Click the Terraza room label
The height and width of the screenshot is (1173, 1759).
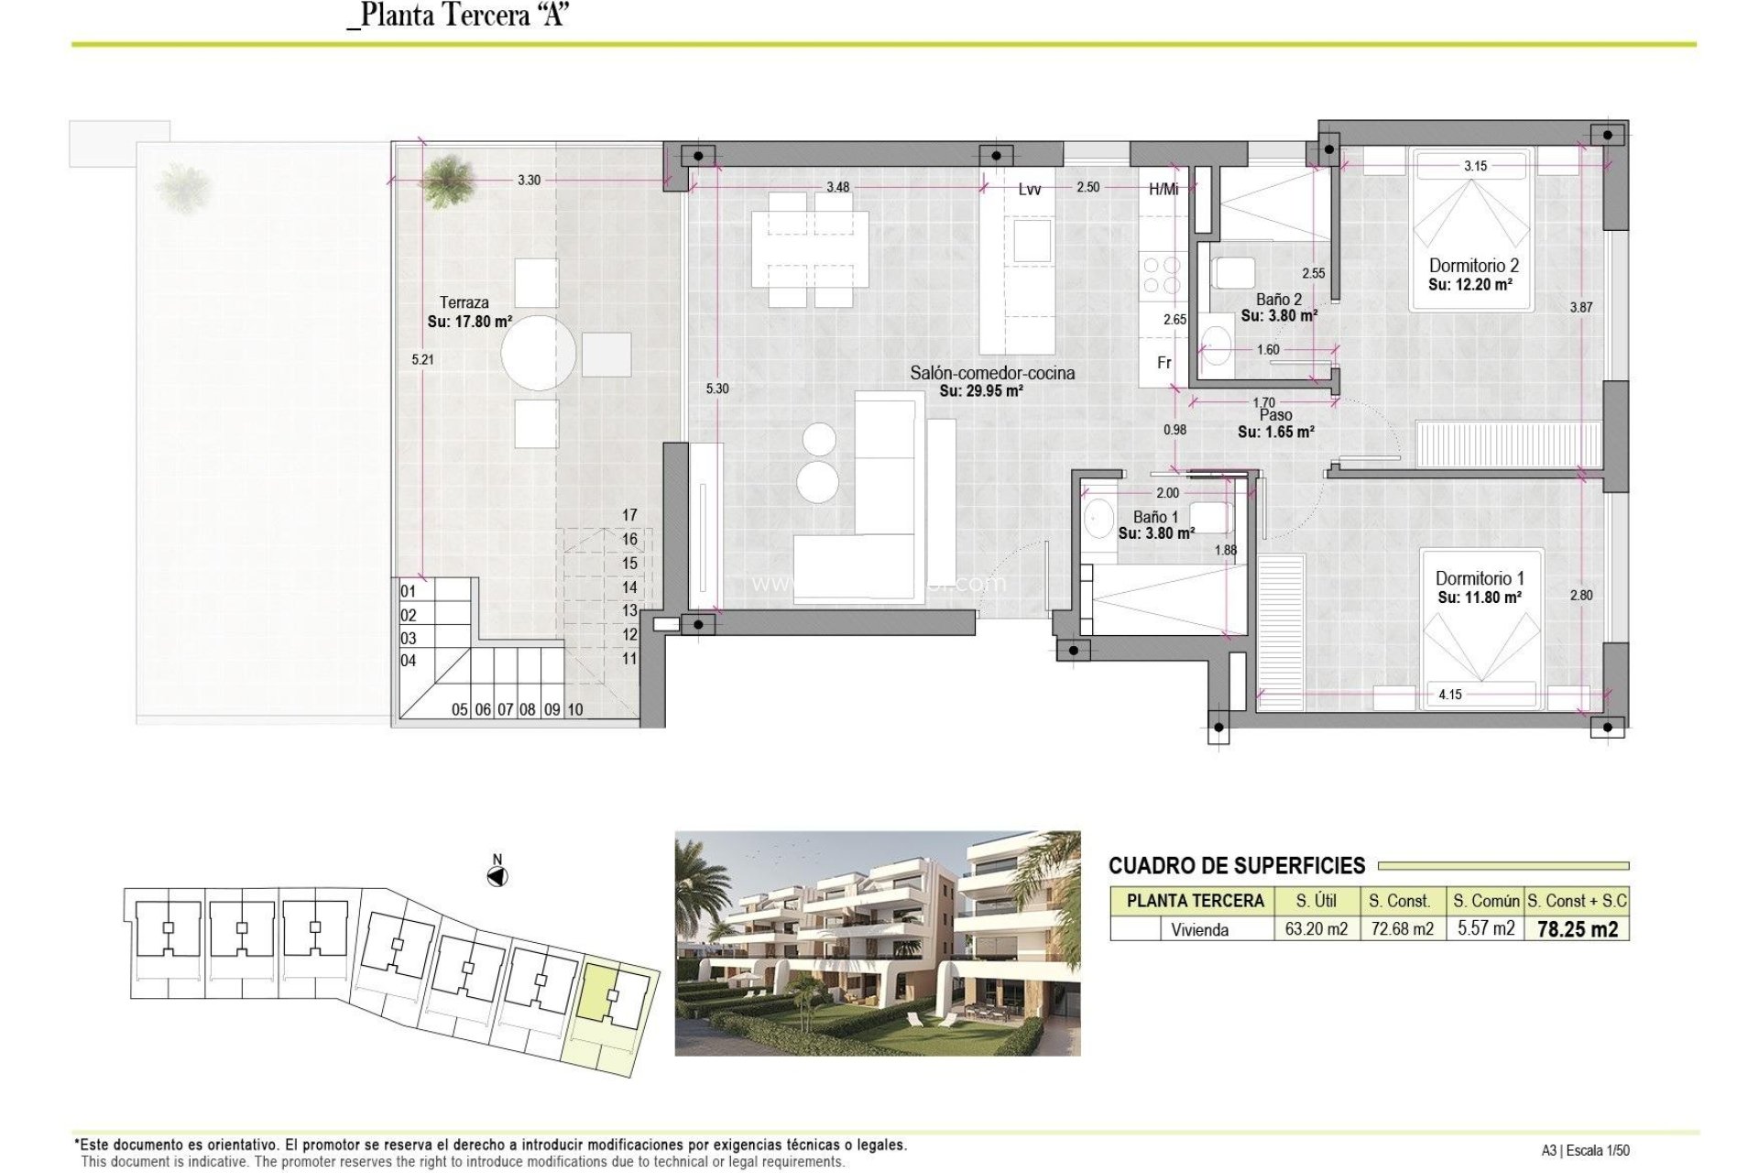coord(464,302)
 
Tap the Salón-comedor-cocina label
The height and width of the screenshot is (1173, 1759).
coord(992,373)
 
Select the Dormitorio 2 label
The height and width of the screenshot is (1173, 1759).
coord(1473,266)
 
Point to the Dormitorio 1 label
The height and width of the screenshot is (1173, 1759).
coord(1480,578)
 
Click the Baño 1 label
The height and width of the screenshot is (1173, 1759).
coord(1155,517)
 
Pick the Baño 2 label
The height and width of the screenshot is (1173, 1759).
coord(1278,300)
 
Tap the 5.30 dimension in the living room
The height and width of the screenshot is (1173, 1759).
coord(717,389)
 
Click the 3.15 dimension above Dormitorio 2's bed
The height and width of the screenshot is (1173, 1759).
coord(1475,166)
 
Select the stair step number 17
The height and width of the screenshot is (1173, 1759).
coord(629,515)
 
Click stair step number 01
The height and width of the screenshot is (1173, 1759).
coord(409,592)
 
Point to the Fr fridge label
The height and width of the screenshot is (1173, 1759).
coord(1164,363)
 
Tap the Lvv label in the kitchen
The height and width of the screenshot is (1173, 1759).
coord(1029,189)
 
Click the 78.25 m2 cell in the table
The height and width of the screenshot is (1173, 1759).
coord(1577,929)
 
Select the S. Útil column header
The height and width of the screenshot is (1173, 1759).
coord(1316,901)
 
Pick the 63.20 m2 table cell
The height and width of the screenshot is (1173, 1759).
coord(1316,929)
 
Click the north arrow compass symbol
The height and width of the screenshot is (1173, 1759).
coord(497,876)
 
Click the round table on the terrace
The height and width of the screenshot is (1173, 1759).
coord(539,353)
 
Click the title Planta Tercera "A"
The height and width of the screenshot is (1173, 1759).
coord(458,16)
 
